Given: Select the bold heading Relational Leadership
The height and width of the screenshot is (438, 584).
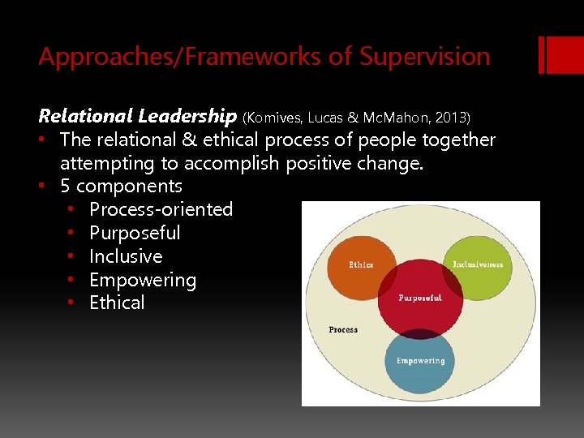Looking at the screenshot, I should (x=137, y=116).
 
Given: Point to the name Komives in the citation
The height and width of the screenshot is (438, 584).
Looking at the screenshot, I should (x=273, y=118).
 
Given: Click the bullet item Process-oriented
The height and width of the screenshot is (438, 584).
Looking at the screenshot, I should (x=161, y=209).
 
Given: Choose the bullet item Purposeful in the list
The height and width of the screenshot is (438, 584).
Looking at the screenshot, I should (x=135, y=233).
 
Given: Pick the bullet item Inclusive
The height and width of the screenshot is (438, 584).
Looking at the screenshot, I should (x=126, y=256).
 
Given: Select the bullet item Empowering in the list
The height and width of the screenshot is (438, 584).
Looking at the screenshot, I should (x=143, y=280).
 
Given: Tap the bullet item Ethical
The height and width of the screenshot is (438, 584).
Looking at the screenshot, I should (x=117, y=303).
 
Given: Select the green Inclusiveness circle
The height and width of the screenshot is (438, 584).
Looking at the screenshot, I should (x=479, y=264).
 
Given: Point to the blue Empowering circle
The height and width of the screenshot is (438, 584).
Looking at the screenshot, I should (x=419, y=361).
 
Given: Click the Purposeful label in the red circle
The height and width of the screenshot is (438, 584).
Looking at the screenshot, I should (x=419, y=298).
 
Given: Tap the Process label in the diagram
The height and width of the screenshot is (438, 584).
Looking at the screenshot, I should (x=343, y=329).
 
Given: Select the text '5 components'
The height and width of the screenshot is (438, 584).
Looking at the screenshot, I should (x=121, y=186).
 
